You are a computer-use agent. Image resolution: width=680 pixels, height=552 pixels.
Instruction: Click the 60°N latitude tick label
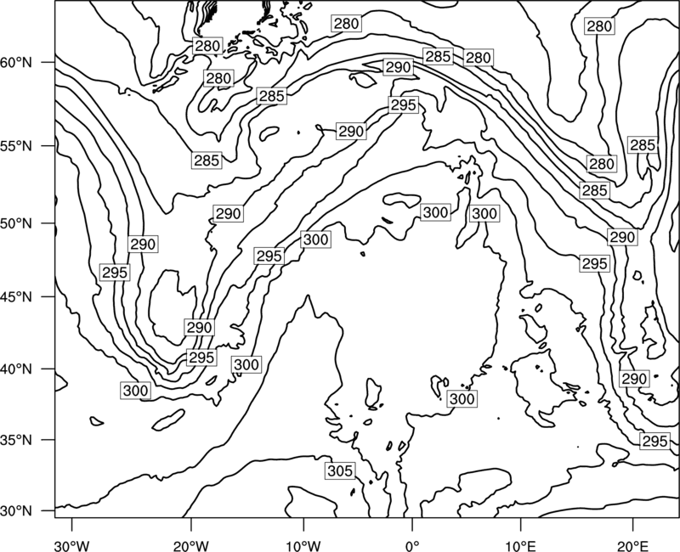click(x=16, y=62)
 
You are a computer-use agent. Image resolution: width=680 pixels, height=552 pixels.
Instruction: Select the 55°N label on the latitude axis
click(x=16, y=145)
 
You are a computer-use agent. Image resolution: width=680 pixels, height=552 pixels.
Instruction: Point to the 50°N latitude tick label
click(x=16, y=223)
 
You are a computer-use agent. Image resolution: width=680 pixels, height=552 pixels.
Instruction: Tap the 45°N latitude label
click(x=16, y=296)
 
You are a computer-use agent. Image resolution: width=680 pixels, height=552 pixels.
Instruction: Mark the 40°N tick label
click(x=16, y=369)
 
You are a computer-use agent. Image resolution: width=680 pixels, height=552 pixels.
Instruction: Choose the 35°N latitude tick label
click(x=16, y=440)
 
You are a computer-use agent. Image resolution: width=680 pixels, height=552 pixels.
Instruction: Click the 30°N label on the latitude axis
click(x=16, y=511)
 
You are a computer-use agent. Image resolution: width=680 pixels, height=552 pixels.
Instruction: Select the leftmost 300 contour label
click(x=136, y=391)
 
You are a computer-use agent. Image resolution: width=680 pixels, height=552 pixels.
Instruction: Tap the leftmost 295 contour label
click(x=115, y=273)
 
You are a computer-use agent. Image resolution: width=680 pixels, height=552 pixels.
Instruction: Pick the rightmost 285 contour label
click(x=643, y=145)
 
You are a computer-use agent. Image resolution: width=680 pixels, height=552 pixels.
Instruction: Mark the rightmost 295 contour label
click(x=654, y=441)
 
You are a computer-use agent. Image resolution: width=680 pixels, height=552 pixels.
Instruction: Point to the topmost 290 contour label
click(x=398, y=67)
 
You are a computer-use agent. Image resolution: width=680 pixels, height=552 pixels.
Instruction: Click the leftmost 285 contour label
click(x=207, y=161)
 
